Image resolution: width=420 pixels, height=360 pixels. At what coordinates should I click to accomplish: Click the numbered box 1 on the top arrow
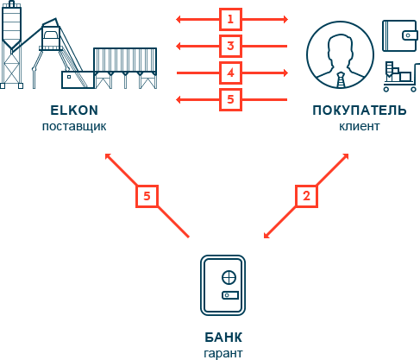coord(230,20)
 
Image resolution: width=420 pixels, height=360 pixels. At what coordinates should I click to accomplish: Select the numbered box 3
coord(230,46)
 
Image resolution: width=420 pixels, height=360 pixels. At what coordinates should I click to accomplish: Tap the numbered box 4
coord(230,73)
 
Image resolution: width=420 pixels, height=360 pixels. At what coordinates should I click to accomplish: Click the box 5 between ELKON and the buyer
coord(230,99)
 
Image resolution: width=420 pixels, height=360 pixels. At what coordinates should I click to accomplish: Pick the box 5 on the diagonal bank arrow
coord(147,196)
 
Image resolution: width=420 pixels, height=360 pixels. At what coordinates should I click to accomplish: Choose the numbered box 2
coord(306,196)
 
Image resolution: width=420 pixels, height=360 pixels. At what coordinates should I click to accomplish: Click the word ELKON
coord(74,111)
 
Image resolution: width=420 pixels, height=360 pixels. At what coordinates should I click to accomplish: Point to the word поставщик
coord(74,126)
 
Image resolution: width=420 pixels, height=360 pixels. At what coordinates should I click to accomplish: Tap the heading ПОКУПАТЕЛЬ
coord(360,111)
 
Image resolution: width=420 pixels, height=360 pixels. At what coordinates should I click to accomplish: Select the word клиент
coord(360,126)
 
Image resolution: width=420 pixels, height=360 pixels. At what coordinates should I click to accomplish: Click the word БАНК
coord(223,338)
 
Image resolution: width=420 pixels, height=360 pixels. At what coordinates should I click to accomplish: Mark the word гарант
coord(223,353)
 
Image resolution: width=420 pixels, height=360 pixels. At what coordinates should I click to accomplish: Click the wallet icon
coord(399,35)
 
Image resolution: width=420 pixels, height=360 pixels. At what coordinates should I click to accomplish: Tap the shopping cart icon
coord(400,77)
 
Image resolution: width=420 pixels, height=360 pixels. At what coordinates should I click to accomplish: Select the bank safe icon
coord(223,285)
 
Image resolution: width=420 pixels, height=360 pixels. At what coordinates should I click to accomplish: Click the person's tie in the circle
coord(341,80)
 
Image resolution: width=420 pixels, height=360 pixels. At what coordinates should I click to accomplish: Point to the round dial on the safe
coord(229,278)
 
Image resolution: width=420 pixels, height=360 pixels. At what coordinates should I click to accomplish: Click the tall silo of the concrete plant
coord(11,45)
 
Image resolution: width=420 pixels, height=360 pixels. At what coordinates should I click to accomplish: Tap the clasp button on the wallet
coord(408,35)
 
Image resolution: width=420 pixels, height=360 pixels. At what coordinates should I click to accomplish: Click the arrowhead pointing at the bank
coord(266,236)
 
